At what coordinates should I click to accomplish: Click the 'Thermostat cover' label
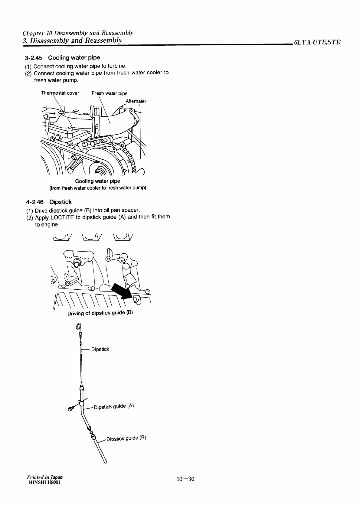(60, 93)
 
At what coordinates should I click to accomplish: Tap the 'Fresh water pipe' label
(110, 93)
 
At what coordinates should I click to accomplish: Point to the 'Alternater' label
(136, 101)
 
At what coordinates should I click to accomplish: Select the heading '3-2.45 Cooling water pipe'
(62, 57)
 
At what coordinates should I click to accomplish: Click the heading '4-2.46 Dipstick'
(49, 202)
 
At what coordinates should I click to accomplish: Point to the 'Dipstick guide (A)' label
(114, 406)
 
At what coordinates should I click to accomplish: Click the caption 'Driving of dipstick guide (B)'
(100, 313)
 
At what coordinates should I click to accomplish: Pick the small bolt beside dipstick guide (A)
(71, 409)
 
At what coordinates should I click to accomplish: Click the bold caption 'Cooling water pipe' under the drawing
(97, 181)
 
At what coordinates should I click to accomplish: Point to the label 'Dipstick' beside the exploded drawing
(100, 349)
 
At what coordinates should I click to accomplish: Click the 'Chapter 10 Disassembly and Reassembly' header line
(78, 33)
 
